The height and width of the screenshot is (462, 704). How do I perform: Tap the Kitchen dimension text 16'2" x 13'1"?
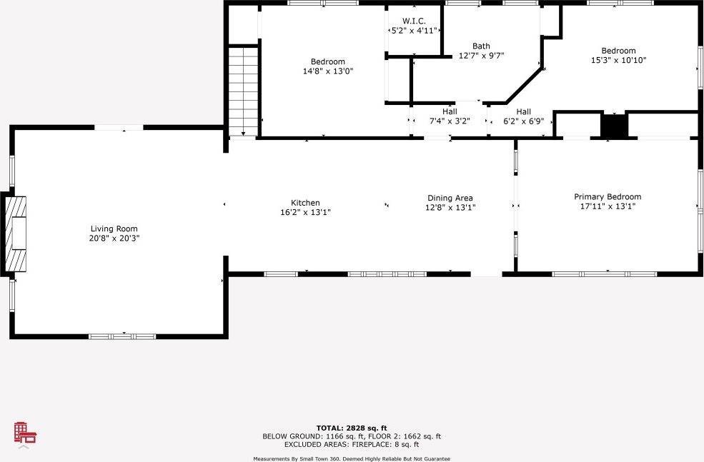coord(305,212)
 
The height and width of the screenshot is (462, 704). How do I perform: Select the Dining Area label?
coord(450,198)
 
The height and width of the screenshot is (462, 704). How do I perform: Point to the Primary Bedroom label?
coord(608,196)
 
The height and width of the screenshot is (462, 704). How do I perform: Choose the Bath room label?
coord(481,46)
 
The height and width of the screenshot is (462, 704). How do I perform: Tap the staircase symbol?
coord(243,91)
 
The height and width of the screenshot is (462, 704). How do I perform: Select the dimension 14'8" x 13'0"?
coord(328,71)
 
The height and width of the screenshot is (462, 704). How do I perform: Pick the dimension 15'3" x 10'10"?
coord(618,60)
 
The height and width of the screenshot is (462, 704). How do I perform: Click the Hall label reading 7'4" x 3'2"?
coord(450,111)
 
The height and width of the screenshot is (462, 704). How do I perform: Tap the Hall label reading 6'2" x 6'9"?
coord(524,111)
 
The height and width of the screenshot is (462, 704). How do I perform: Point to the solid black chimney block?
coord(613,126)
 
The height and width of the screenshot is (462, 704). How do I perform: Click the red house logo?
coord(25,433)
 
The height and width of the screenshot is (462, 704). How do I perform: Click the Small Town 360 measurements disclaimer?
coord(352,458)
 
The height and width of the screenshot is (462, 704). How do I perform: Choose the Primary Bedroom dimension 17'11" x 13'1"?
coord(608,206)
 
